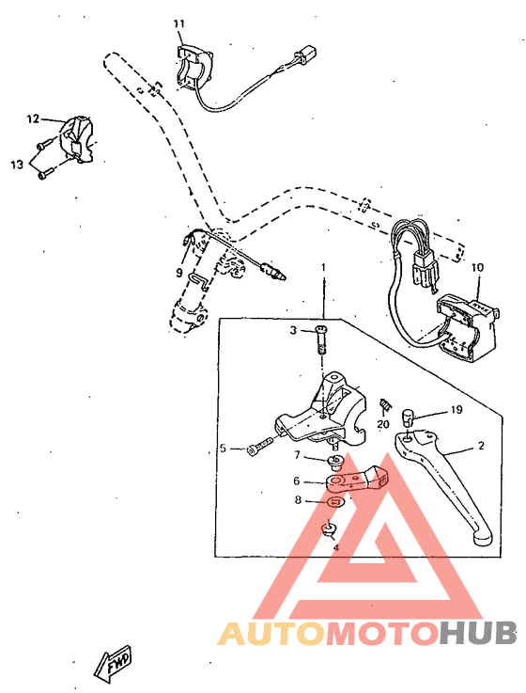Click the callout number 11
coord(179,23)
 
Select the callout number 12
coord(33,119)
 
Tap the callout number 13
coord(17,165)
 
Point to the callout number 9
coord(179,273)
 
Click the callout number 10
coord(477,268)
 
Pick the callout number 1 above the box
coord(323,268)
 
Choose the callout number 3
coord(293,330)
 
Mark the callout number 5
coord(224,449)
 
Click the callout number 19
coord(456,410)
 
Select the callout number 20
coord(383,424)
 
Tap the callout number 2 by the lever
coord(481,446)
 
